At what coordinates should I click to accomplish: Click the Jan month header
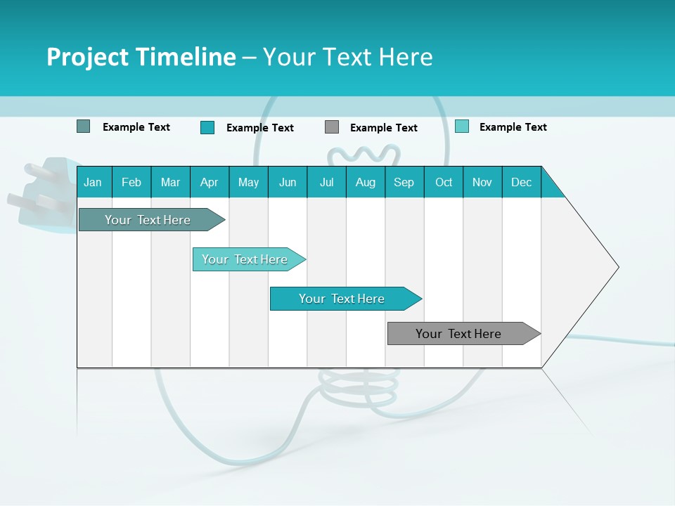point(93,183)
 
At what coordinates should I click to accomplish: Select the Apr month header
point(209,183)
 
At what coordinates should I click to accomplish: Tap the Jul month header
point(326,183)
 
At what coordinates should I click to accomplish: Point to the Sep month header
point(404,183)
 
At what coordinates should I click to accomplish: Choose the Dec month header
point(521,183)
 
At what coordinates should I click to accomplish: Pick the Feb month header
point(131,183)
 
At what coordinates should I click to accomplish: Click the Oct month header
point(444,183)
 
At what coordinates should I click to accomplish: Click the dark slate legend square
point(83,126)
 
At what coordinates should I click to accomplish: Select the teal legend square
point(207,127)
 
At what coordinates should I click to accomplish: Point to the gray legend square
point(332,127)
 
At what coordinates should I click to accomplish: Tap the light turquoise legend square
point(462,126)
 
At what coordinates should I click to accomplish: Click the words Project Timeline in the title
point(141,57)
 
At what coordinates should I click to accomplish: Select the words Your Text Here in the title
point(347,57)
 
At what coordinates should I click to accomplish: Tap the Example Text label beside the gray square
point(383,128)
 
